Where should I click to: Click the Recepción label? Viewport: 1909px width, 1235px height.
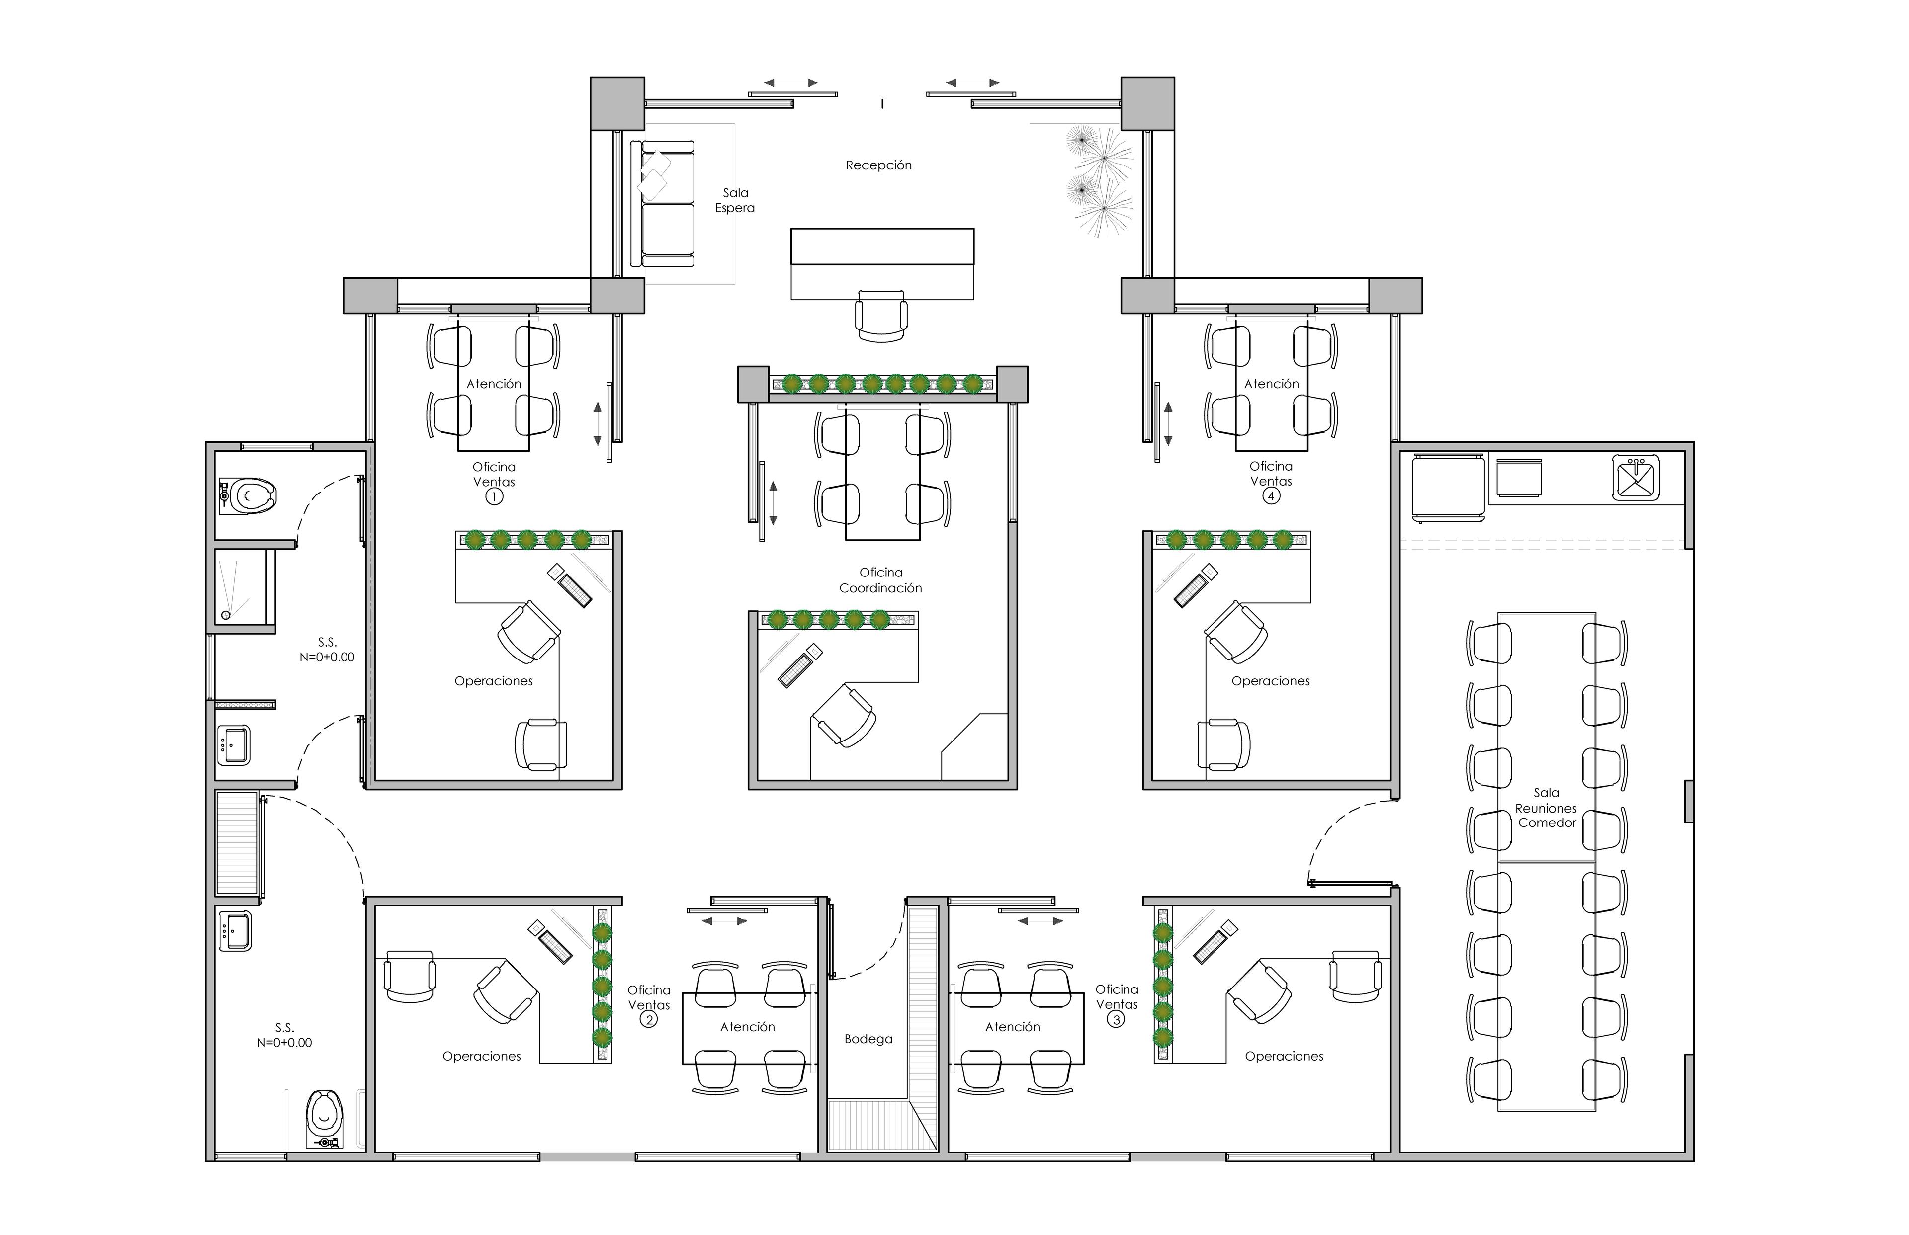coord(878,165)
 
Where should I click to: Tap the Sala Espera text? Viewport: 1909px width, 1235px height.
coord(735,200)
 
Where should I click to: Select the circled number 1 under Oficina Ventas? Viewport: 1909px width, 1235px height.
coord(494,496)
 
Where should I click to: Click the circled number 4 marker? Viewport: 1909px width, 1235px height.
coord(1271,495)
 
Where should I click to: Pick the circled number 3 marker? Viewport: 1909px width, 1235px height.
coord(1115,1019)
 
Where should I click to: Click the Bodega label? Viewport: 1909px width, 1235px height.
coord(868,1039)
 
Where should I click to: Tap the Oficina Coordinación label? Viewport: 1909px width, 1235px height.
coord(881,580)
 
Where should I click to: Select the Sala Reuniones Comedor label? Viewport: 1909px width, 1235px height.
coord(1547,808)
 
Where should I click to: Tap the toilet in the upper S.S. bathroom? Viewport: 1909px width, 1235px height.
coord(247,495)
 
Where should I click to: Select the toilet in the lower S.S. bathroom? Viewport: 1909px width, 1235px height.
coord(325,1119)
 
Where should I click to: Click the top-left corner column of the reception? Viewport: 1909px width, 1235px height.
coord(617,103)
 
